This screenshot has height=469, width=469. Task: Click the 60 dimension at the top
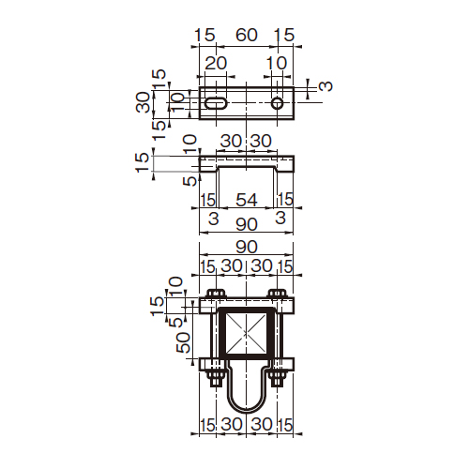(247, 35)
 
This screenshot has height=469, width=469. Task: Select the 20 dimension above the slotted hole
(216, 63)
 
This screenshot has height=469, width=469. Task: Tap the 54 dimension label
(247, 200)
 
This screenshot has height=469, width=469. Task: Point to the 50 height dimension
(183, 342)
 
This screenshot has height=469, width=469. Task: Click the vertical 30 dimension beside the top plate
(144, 102)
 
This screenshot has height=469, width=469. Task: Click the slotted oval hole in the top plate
(216, 103)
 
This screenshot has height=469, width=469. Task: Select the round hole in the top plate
(277, 103)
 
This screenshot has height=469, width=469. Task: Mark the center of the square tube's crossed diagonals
(246, 334)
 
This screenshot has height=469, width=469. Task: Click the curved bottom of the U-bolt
(246, 409)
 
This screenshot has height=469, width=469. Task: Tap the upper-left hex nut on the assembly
(216, 294)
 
